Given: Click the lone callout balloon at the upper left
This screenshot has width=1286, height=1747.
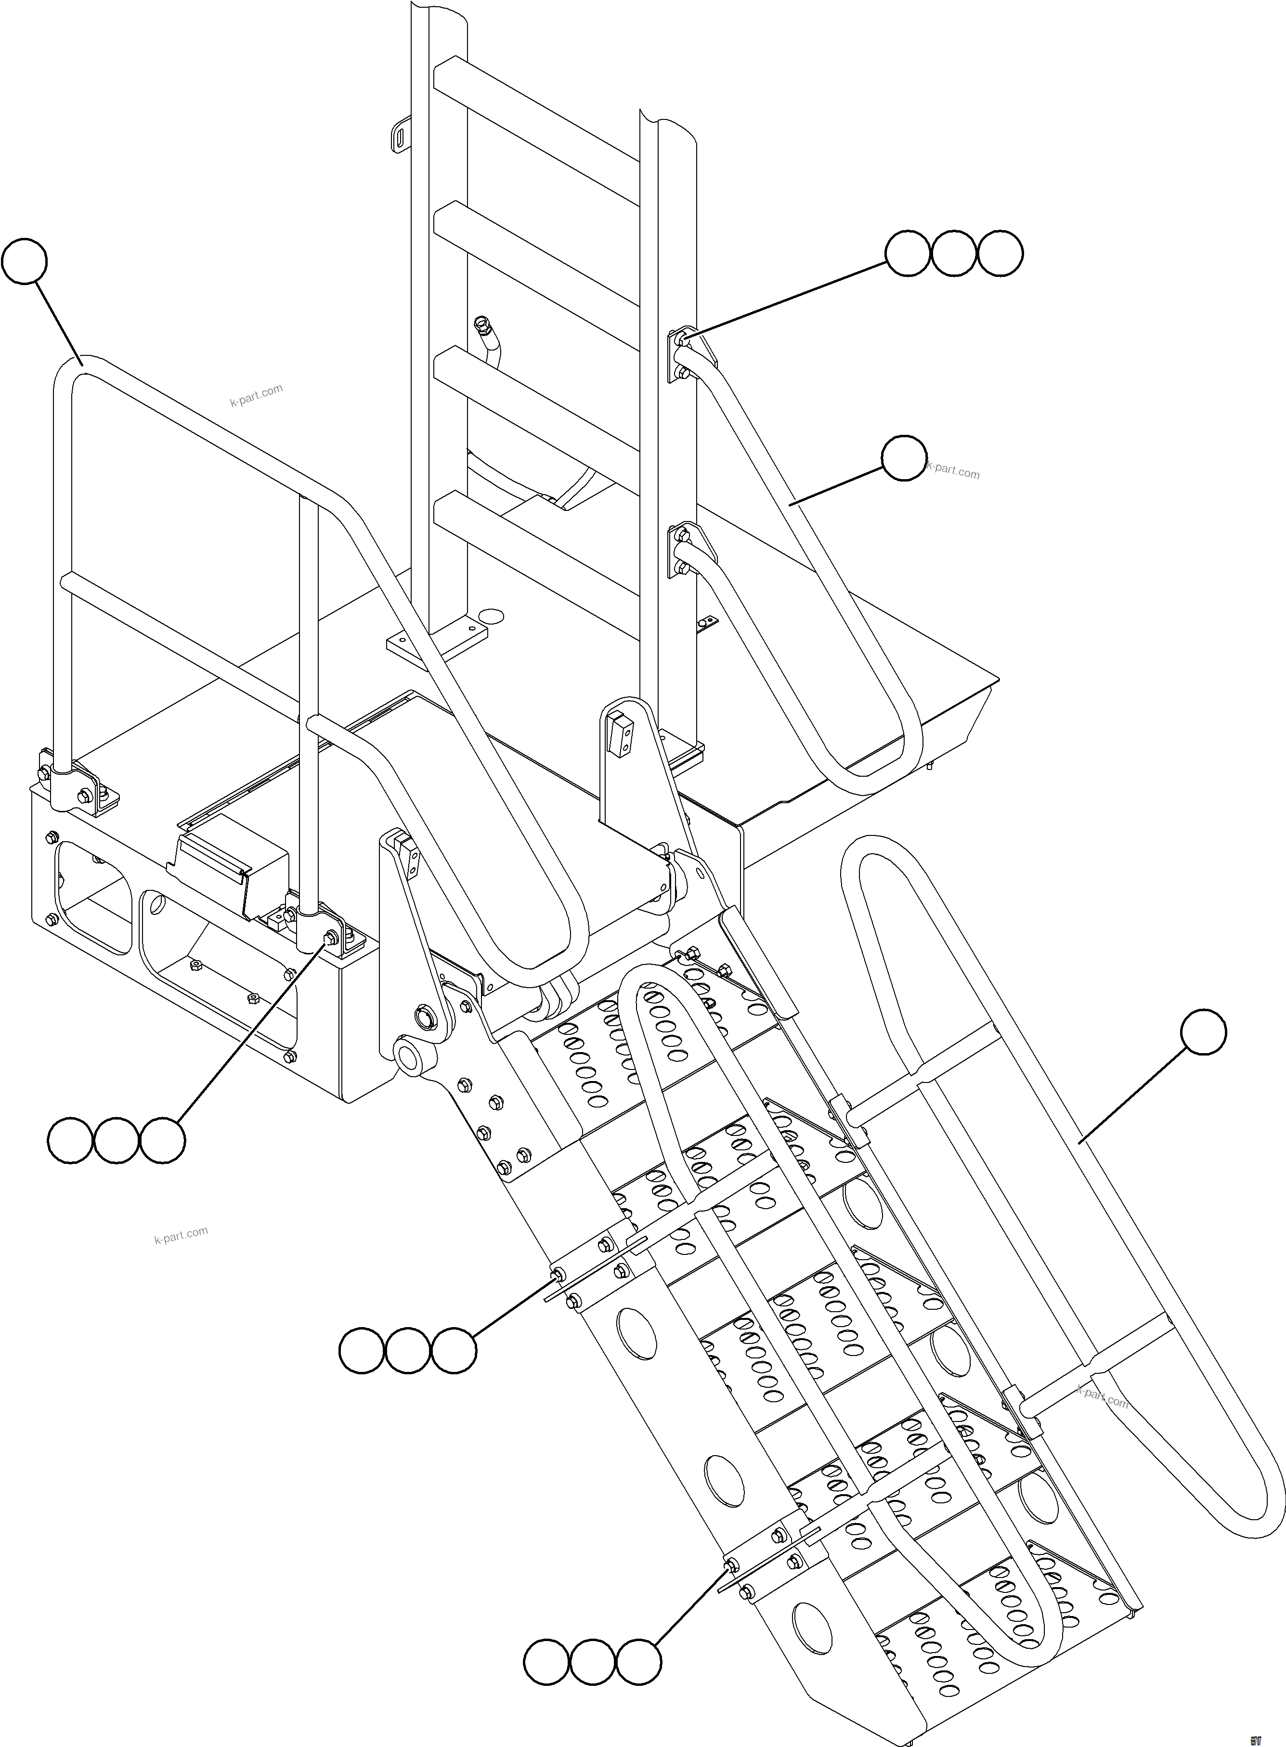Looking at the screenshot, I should [24, 263].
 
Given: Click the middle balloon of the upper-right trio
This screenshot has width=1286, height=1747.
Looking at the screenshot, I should [954, 253].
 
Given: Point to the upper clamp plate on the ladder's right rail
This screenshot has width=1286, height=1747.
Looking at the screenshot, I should [679, 355].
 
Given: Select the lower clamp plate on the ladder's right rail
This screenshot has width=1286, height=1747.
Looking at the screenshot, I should [679, 551].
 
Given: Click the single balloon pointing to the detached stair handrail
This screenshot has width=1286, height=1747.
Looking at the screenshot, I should [1203, 1033].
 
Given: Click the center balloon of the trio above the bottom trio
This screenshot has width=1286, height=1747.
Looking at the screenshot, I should [408, 1352].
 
